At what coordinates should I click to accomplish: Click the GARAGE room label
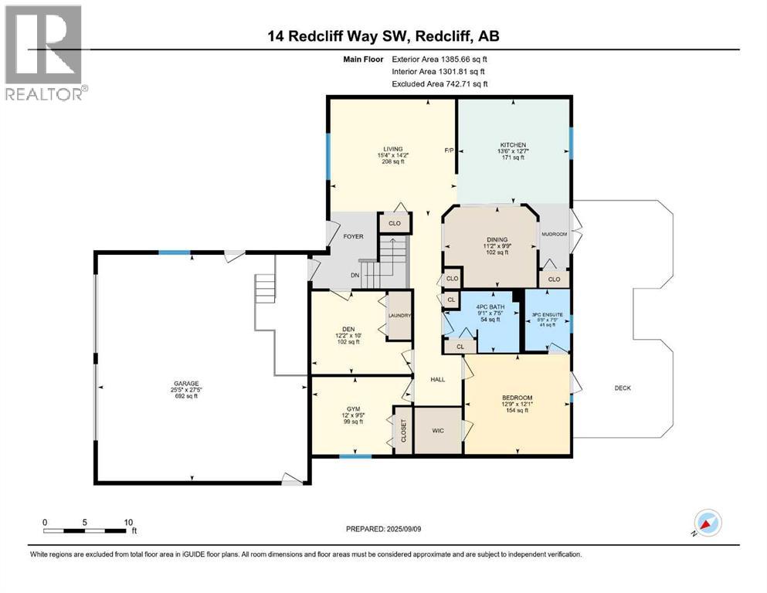pyautogui.click(x=185, y=383)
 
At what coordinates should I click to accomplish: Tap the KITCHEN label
pyautogui.click(x=513, y=144)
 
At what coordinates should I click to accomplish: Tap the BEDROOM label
pyautogui.click(x=517, y=398)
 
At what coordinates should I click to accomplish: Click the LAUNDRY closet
pyautogui.click(x=400, y=316)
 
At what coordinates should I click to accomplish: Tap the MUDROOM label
pyautogui.click(x=554, y=233)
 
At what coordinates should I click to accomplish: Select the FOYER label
pyautogui.click(x=352, y=238)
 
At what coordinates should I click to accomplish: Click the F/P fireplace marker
pyautogui.click(x=448, y=149)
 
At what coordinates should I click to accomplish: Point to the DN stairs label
pyautogui.click(x=355, y=275)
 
